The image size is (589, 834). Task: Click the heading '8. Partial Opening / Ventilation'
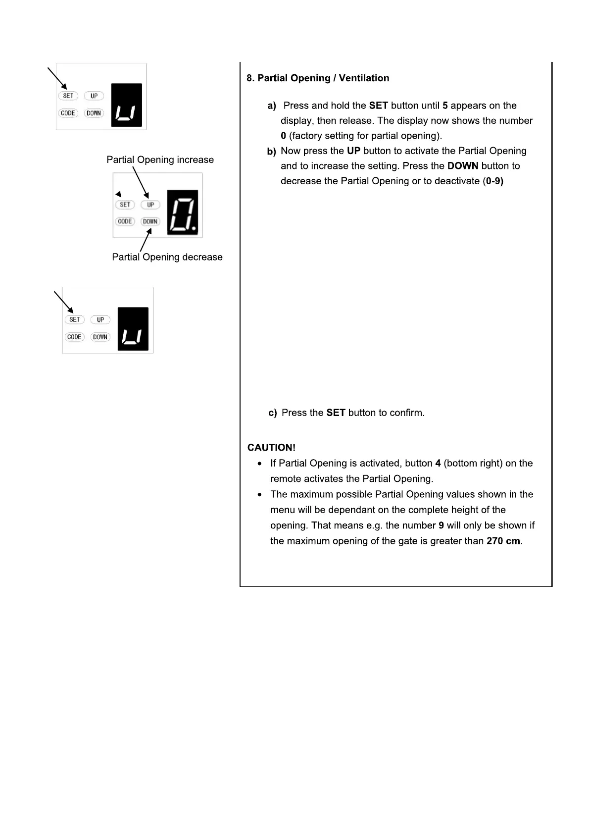[x=318, y=78]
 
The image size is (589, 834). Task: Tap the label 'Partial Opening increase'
[x=160, y=160]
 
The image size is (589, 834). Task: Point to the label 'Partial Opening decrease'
[x=167, y=257]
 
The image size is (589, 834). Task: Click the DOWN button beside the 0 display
[x=150, y=221]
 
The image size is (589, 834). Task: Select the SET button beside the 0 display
[x=125, y=205]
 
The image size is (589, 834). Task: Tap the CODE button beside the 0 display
[x=125, y=221]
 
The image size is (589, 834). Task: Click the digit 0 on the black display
[x=182, y=212]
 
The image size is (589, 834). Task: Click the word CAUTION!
[x=271, y=448]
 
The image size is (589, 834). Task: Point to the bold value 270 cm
[x=503, y=541]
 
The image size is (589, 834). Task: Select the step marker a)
[x=272, y=106]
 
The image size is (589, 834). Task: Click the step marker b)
[x=271, y=152]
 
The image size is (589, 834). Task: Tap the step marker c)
[x=272, y=413]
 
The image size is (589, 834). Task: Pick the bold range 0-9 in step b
[x=494, y=181]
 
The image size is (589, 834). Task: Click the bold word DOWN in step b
[x=462, y=166]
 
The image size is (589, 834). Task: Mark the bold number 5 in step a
[x=445, y=105]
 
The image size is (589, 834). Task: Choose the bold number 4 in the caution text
[x=438, y=464]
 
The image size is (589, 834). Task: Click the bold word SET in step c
[x=336, y=413]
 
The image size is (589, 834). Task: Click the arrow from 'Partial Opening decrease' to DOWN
[x=146, y=240]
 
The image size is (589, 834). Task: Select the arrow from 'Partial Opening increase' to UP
[x=141, y=182]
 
